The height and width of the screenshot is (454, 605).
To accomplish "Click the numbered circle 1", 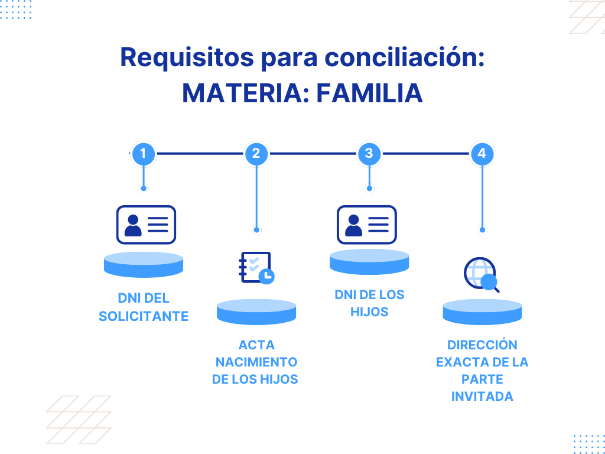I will [x=143, y=154].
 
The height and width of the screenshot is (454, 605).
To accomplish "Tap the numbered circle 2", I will [x=256, y=154].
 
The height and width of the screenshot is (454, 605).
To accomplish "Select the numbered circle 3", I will [x=369, y=154].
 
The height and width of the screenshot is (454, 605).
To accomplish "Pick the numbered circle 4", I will [x=482, y=154].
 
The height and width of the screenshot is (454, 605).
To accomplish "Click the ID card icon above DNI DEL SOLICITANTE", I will [x=146, y=225].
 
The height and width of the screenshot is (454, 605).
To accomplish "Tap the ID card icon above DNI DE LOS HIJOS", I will [x=366, y=225].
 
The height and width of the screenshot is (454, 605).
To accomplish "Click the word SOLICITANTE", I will [x=144, y=316].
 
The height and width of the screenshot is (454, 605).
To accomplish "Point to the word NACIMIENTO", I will [x=256, y=362].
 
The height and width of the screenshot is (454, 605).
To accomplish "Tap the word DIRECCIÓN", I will [x=482, y=345].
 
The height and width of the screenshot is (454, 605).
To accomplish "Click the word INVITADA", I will [x=482, y=396].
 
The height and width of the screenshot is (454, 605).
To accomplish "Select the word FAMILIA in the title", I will [x=369, y=93].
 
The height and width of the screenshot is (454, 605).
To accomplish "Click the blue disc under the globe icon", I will [x=482, y=312].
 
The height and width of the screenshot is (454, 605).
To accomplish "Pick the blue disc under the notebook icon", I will [x=256, y=312].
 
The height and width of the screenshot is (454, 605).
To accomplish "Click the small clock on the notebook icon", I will [x=267, y=276].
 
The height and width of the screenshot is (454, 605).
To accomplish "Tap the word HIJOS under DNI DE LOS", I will [x=369, y=312].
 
